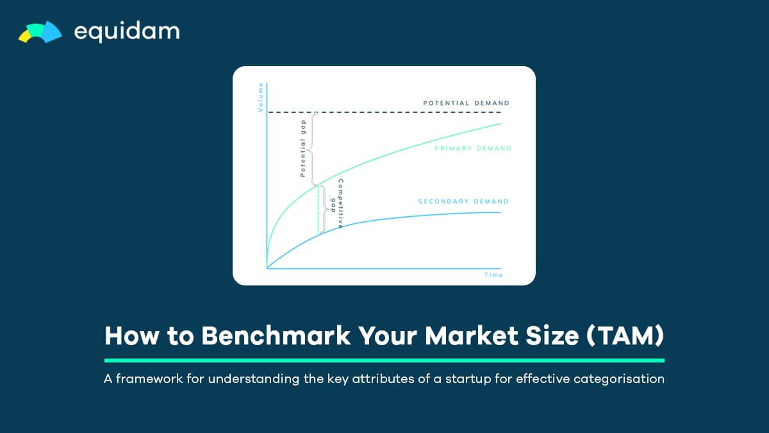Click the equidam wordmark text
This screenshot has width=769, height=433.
tap(127, 31)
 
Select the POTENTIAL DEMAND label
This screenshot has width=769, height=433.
tap(467, 103)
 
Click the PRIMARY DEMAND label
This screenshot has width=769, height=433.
tap(473, 148)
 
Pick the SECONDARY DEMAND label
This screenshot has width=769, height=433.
tap(463, 201)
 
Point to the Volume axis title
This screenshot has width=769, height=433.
tap(261, 98)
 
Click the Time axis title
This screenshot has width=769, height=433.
tap(493, 275)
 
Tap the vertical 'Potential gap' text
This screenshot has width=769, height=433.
tap(302, 148)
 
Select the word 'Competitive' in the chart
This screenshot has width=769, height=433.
tap(340, 203)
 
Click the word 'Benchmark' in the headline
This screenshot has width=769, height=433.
tap(276, 335)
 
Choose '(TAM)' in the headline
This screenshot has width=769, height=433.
tap(625, 335)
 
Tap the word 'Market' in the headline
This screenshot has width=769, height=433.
tap(472, 335)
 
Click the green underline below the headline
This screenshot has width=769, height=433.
tap(384, 361)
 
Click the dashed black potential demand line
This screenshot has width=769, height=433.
tap(384, 112)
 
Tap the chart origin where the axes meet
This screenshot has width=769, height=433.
tap(267, 268)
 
